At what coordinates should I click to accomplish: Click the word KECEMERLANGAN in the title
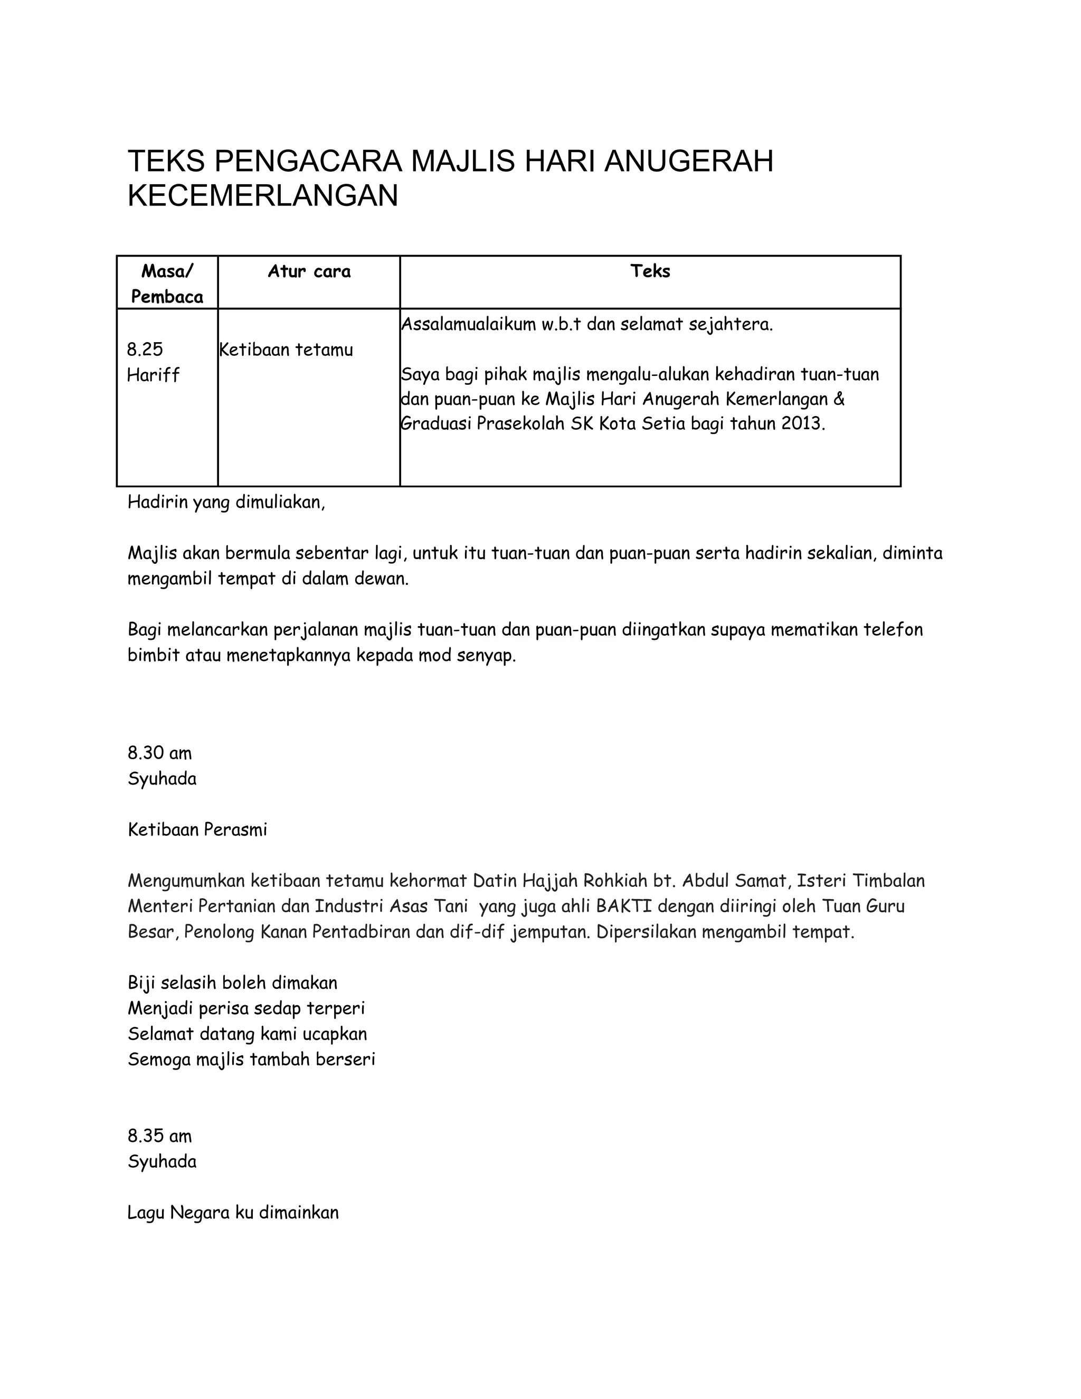[x=262, y=196]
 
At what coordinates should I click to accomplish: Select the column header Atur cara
[x=309, y=271]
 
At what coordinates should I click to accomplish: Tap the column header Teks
[x=650, y=271]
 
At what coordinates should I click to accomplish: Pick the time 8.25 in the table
[x=145, y=349]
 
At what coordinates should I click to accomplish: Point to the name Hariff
[x=153, y=375]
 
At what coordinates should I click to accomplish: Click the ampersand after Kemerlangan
[x=840, y=399]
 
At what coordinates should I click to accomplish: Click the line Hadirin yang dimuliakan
[x=226, y=502]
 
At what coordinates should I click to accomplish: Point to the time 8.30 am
[x=159, y=753]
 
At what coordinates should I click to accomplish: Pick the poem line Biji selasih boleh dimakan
[x=232, y=982]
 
